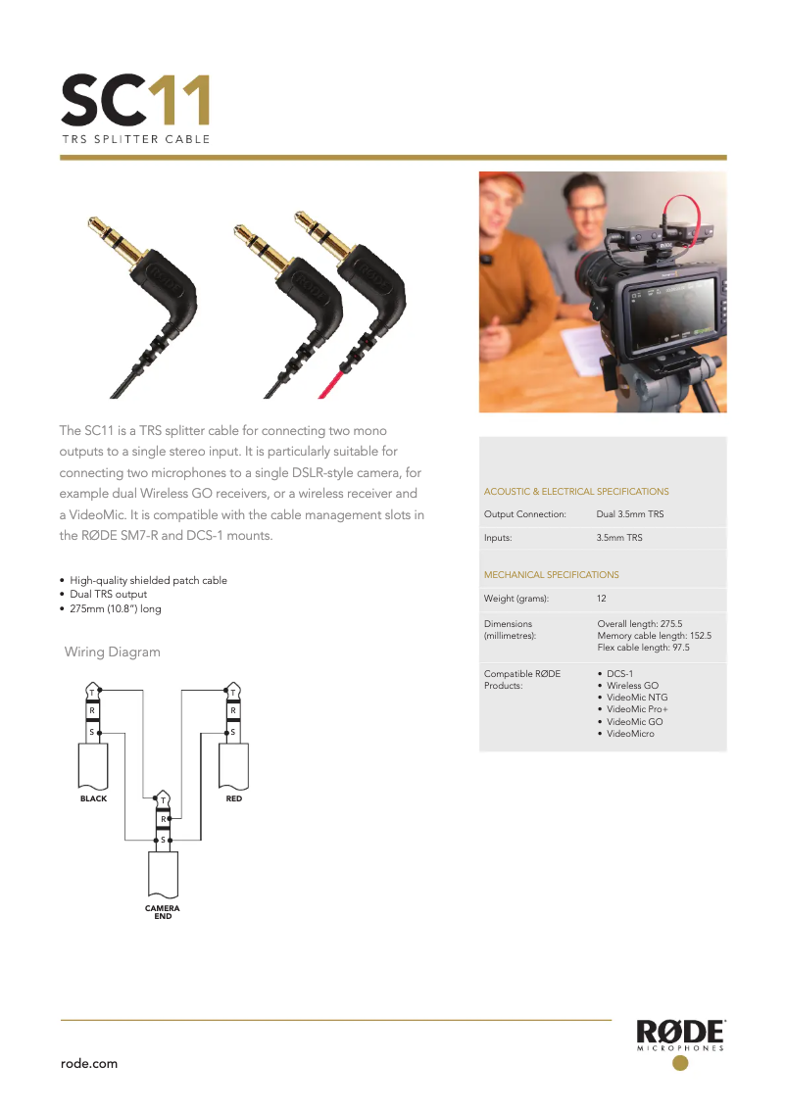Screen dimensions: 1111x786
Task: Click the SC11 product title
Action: (x=135, y=101)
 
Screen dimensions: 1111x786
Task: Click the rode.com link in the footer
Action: (x=89, y=1063)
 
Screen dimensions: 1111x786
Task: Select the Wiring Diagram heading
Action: (x=112, y=652)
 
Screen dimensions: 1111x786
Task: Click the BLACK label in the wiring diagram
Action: (x=93, y=798)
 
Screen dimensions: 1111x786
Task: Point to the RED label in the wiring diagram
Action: (x=233, y=798)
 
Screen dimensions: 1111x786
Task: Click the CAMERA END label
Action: (x=163, y=912)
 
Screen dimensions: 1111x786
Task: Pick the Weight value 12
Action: (x=603, y=599)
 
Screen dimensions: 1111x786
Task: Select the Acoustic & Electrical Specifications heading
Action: (x=576, y=492)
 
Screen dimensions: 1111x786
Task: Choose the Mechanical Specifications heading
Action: (x=551, y=575)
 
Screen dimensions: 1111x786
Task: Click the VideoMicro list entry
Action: (x=630, y=734)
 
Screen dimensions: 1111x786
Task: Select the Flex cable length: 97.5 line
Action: (x=643, y=648)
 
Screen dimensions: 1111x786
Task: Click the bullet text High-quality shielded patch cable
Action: (x=148, y=581)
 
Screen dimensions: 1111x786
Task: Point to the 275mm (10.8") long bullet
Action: (x=116, y=608)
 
